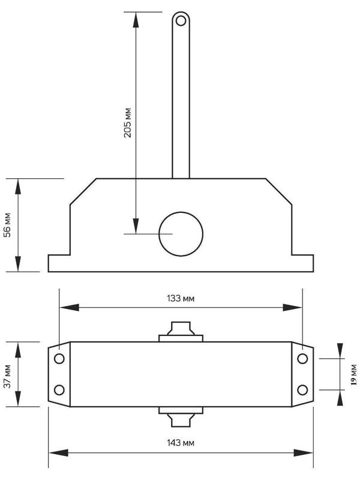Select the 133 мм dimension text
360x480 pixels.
click(181, 298)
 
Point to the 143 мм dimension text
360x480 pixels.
click(181, 442)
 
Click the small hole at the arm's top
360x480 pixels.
click(180, 21)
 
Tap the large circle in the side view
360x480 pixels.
click(181, 233)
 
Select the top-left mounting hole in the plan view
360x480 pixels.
click(59, 359)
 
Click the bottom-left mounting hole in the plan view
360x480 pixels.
click(59, 390)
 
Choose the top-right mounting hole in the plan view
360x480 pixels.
click(302, 359)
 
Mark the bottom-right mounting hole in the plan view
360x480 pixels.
click(302, 390)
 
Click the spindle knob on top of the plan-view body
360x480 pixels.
click(181, 331)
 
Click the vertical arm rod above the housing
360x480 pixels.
click(181, 102)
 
